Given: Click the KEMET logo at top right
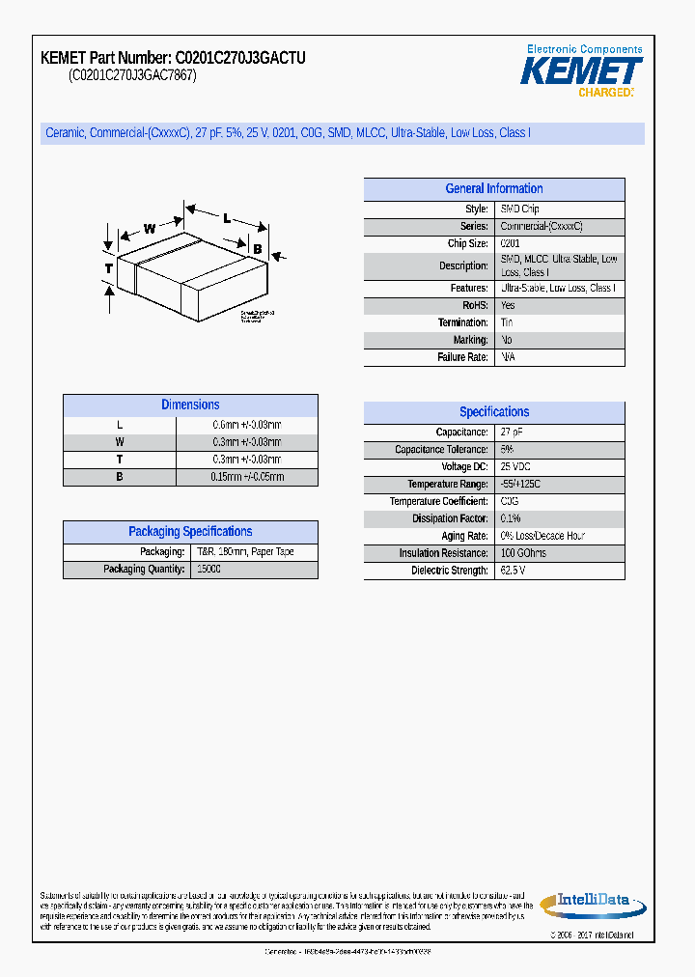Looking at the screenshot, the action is point(581,72).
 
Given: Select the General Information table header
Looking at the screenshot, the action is point(493,189).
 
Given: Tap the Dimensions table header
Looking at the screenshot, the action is point(190,405).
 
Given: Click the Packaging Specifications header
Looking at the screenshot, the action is point(190,532).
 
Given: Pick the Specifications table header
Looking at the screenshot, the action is point(493,412).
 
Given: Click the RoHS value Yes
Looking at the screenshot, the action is point(508,305).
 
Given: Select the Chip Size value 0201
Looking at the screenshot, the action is point(510,244).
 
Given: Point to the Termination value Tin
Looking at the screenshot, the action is point(507,322).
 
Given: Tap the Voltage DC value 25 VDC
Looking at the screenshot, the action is point(515,467).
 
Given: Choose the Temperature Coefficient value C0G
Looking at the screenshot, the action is point(509,502).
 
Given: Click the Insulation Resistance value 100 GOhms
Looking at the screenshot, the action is point(522,553).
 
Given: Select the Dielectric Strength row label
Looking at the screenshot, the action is point(450,571).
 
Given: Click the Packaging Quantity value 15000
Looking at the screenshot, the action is point(208,570).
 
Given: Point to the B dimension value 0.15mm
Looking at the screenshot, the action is point(247,477).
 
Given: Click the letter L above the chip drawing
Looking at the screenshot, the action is point(227,218).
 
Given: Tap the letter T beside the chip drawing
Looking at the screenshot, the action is point(109,267).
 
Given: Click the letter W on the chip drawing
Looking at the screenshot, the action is point(150,229).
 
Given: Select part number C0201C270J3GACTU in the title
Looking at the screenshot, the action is point(240,59).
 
